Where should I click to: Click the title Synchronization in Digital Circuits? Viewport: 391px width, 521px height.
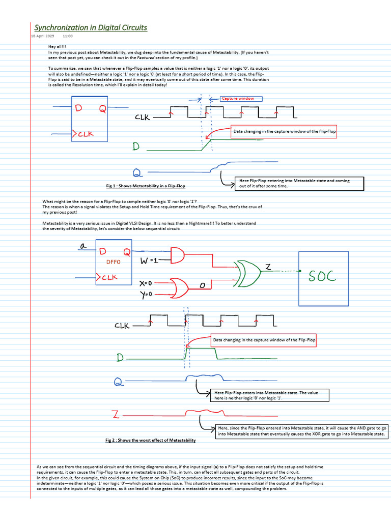click(91, 27)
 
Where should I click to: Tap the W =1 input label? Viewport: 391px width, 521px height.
click(149, 260)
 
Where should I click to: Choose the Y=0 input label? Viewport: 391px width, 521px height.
click(147, 294)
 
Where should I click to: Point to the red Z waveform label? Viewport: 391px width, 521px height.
click(116, 414)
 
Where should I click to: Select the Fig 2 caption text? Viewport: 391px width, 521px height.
click(147, 440)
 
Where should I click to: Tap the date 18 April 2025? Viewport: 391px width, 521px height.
click(42, 37)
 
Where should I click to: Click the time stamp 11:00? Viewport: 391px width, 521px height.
click(68, 37)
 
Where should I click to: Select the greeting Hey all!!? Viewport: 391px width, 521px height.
click(57, 46)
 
